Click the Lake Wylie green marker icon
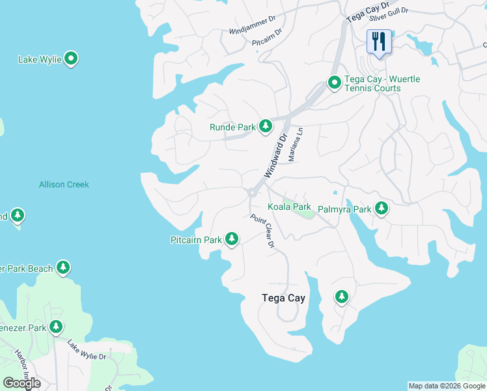pos(72,59)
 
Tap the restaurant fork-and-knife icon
pos(378,42)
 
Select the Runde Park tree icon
pos(265,126)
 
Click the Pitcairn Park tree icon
pos(231,239)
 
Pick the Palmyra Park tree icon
pos(381,209)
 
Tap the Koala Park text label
pos(289,207)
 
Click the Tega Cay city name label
pos(283,298)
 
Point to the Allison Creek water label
pos(64,184)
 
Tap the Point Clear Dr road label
pos(263,231)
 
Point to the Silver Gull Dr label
pos(388,11)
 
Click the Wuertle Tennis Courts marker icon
pos(334,83)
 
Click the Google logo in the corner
pos(21,383)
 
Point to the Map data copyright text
pos(447,386)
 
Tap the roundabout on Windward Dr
pos(251,192)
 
